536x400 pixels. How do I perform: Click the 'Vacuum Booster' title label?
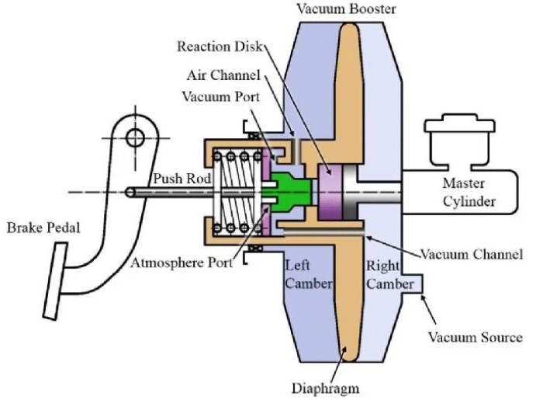(x=340, y=9)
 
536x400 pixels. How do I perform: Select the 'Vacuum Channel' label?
(x=472, y=254)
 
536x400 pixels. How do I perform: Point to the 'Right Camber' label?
(x=389, y=275)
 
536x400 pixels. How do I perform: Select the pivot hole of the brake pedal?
(x=136, y=138)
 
